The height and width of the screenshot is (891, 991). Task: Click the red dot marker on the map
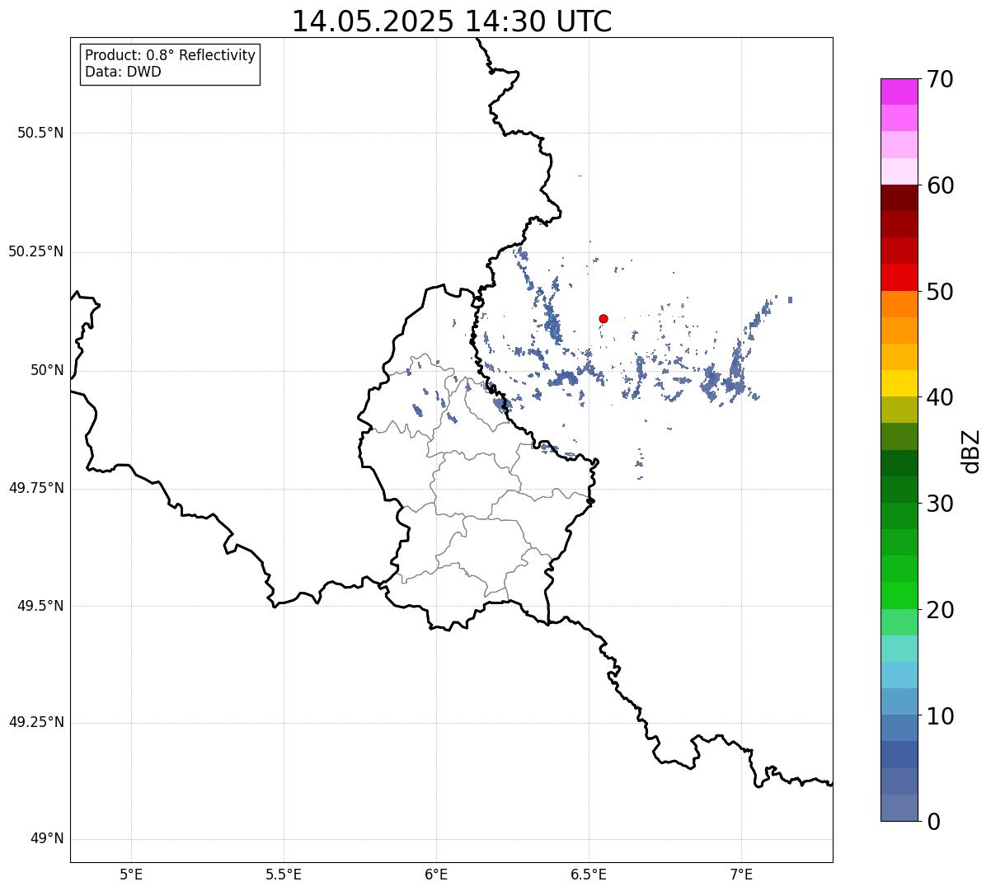point(604,318)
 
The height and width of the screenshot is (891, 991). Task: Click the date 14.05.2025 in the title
point(373,21)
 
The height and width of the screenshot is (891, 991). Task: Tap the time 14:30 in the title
point(506,21)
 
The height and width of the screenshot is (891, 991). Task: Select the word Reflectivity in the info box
point(217,55)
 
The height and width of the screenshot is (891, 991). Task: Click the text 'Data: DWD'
point(123,72)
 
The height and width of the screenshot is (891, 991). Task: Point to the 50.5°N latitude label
point(40,133)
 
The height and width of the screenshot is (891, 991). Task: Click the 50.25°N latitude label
point(36,251)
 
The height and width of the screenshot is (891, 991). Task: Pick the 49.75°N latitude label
point(36,488)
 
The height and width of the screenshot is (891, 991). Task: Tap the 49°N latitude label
point(47,838)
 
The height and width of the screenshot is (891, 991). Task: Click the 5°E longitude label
point(131,875)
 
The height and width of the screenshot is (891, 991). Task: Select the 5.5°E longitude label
point(284,875)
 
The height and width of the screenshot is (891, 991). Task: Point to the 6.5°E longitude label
point(589,875)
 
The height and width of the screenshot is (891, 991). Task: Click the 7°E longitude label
point(741,875)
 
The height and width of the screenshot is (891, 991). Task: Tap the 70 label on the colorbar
point(940,79)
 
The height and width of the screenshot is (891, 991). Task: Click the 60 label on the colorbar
point(940,185)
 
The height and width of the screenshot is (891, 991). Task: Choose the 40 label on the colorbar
point(940,397)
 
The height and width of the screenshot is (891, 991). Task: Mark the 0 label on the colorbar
point(933,822)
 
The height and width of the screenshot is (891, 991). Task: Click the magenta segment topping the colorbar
point(899,91)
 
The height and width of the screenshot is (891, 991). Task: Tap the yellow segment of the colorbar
point(899,383)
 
